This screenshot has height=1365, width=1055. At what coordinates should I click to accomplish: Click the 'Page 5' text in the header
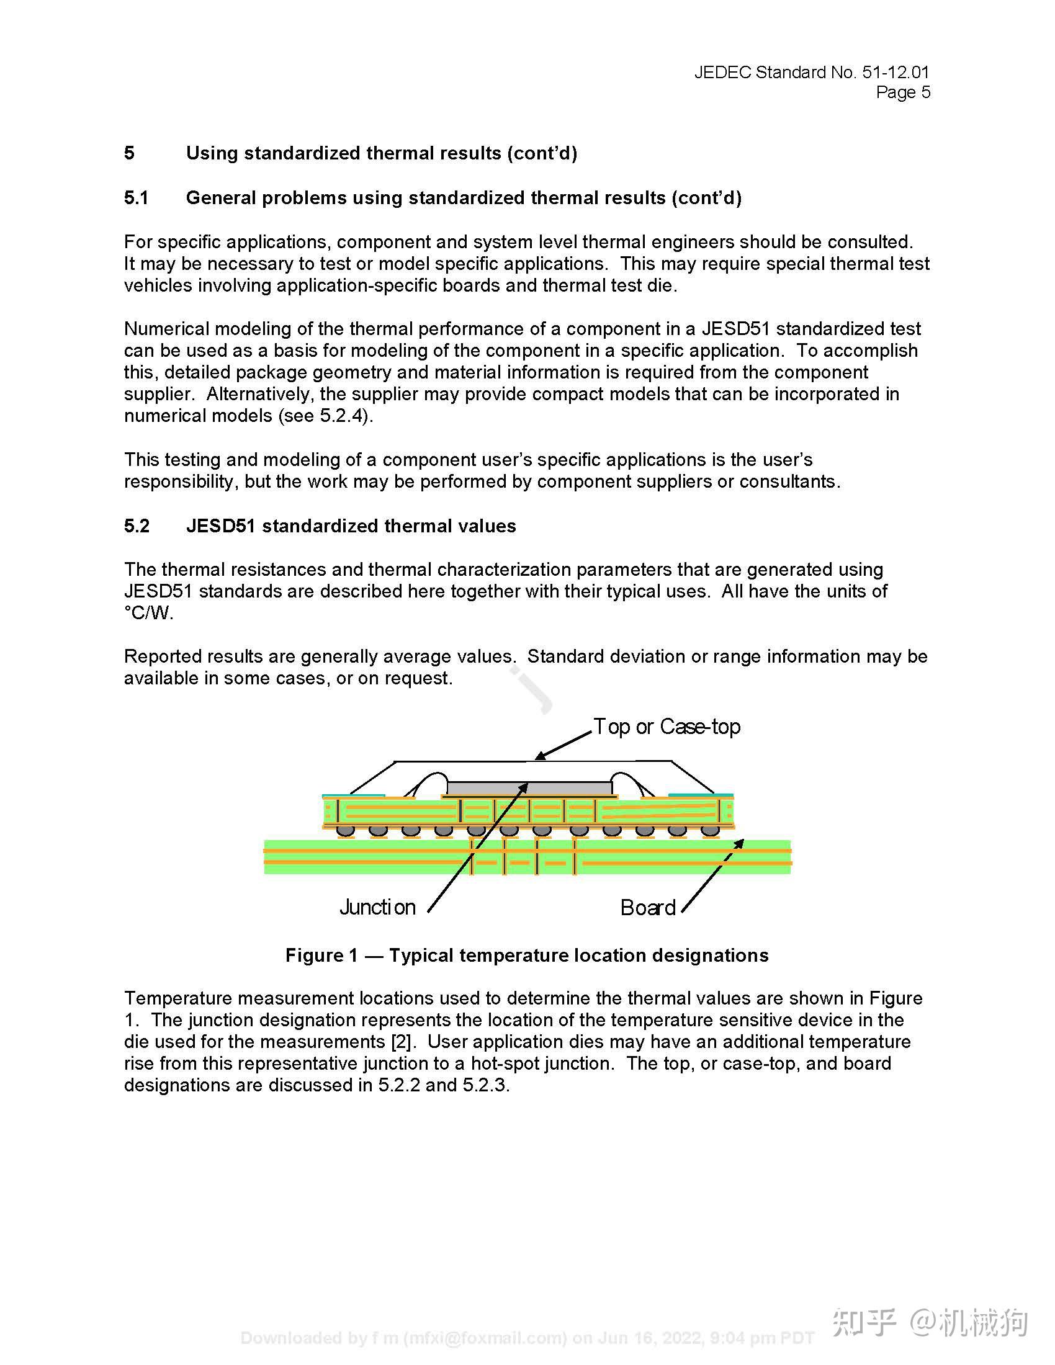(902, 92)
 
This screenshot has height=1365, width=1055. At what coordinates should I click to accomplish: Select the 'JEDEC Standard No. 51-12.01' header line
(811, 73)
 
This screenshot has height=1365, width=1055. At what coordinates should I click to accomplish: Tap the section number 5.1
(137, 198)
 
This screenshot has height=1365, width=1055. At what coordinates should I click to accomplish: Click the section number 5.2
(137, 526)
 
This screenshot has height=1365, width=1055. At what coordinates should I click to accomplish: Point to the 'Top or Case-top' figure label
(667, 727)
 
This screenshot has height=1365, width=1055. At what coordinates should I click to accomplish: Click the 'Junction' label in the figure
(377, 907)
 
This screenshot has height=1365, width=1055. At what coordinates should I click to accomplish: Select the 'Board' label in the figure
(647, 908)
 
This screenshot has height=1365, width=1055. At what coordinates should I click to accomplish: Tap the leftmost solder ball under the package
(346, 831)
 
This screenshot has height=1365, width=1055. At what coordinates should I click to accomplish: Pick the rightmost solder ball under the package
(709, 831)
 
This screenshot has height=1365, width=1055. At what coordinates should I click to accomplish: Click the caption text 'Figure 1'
(321, 955)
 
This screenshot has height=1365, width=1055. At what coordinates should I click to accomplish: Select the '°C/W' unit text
(148, 613)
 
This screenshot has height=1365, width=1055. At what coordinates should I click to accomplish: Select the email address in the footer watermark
(485, 1338)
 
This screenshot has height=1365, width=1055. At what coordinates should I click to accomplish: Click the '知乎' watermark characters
(864, 1323)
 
